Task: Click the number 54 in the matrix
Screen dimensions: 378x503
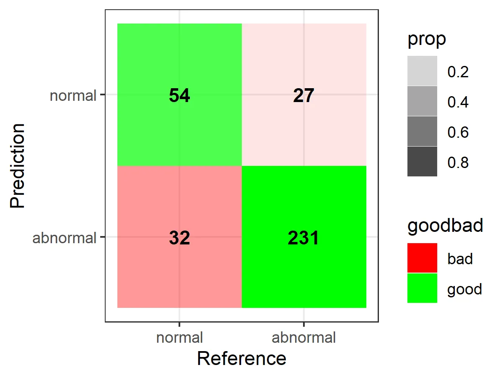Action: click(x=179, y=96)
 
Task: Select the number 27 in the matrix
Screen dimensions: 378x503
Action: click(x=303, y=96)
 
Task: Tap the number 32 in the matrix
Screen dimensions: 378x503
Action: click(x=179, y=238)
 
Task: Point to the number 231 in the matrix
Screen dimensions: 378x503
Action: click(x=303, y=238)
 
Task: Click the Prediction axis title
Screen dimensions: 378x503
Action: click(x=18, y=165)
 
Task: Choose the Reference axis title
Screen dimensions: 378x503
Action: click(x=241, y=359)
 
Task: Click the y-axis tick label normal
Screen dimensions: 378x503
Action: click(x=73, y=96)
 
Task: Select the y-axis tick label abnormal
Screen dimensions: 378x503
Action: click(x=65, y=238)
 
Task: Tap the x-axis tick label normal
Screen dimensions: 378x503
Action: click(x=179, y=338)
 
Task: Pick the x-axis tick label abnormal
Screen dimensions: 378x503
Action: click(x=303, y=338)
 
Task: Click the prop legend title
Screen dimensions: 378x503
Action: click(x=426, y=39)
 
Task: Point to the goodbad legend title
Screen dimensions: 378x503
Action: click(x=445, y=226)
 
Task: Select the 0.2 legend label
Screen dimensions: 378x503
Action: click(x=458, y=72)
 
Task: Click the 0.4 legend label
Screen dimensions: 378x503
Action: click(x=458, y=102)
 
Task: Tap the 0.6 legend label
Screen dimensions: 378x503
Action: click(x=458, y=132)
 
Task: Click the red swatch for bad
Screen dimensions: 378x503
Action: click(x=422, y=258)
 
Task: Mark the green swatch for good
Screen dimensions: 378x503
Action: click(x=422, y=288)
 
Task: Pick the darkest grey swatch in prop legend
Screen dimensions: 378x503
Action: click(x=422, y=161)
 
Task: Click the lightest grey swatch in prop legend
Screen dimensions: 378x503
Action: click(x=422, y=71)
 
